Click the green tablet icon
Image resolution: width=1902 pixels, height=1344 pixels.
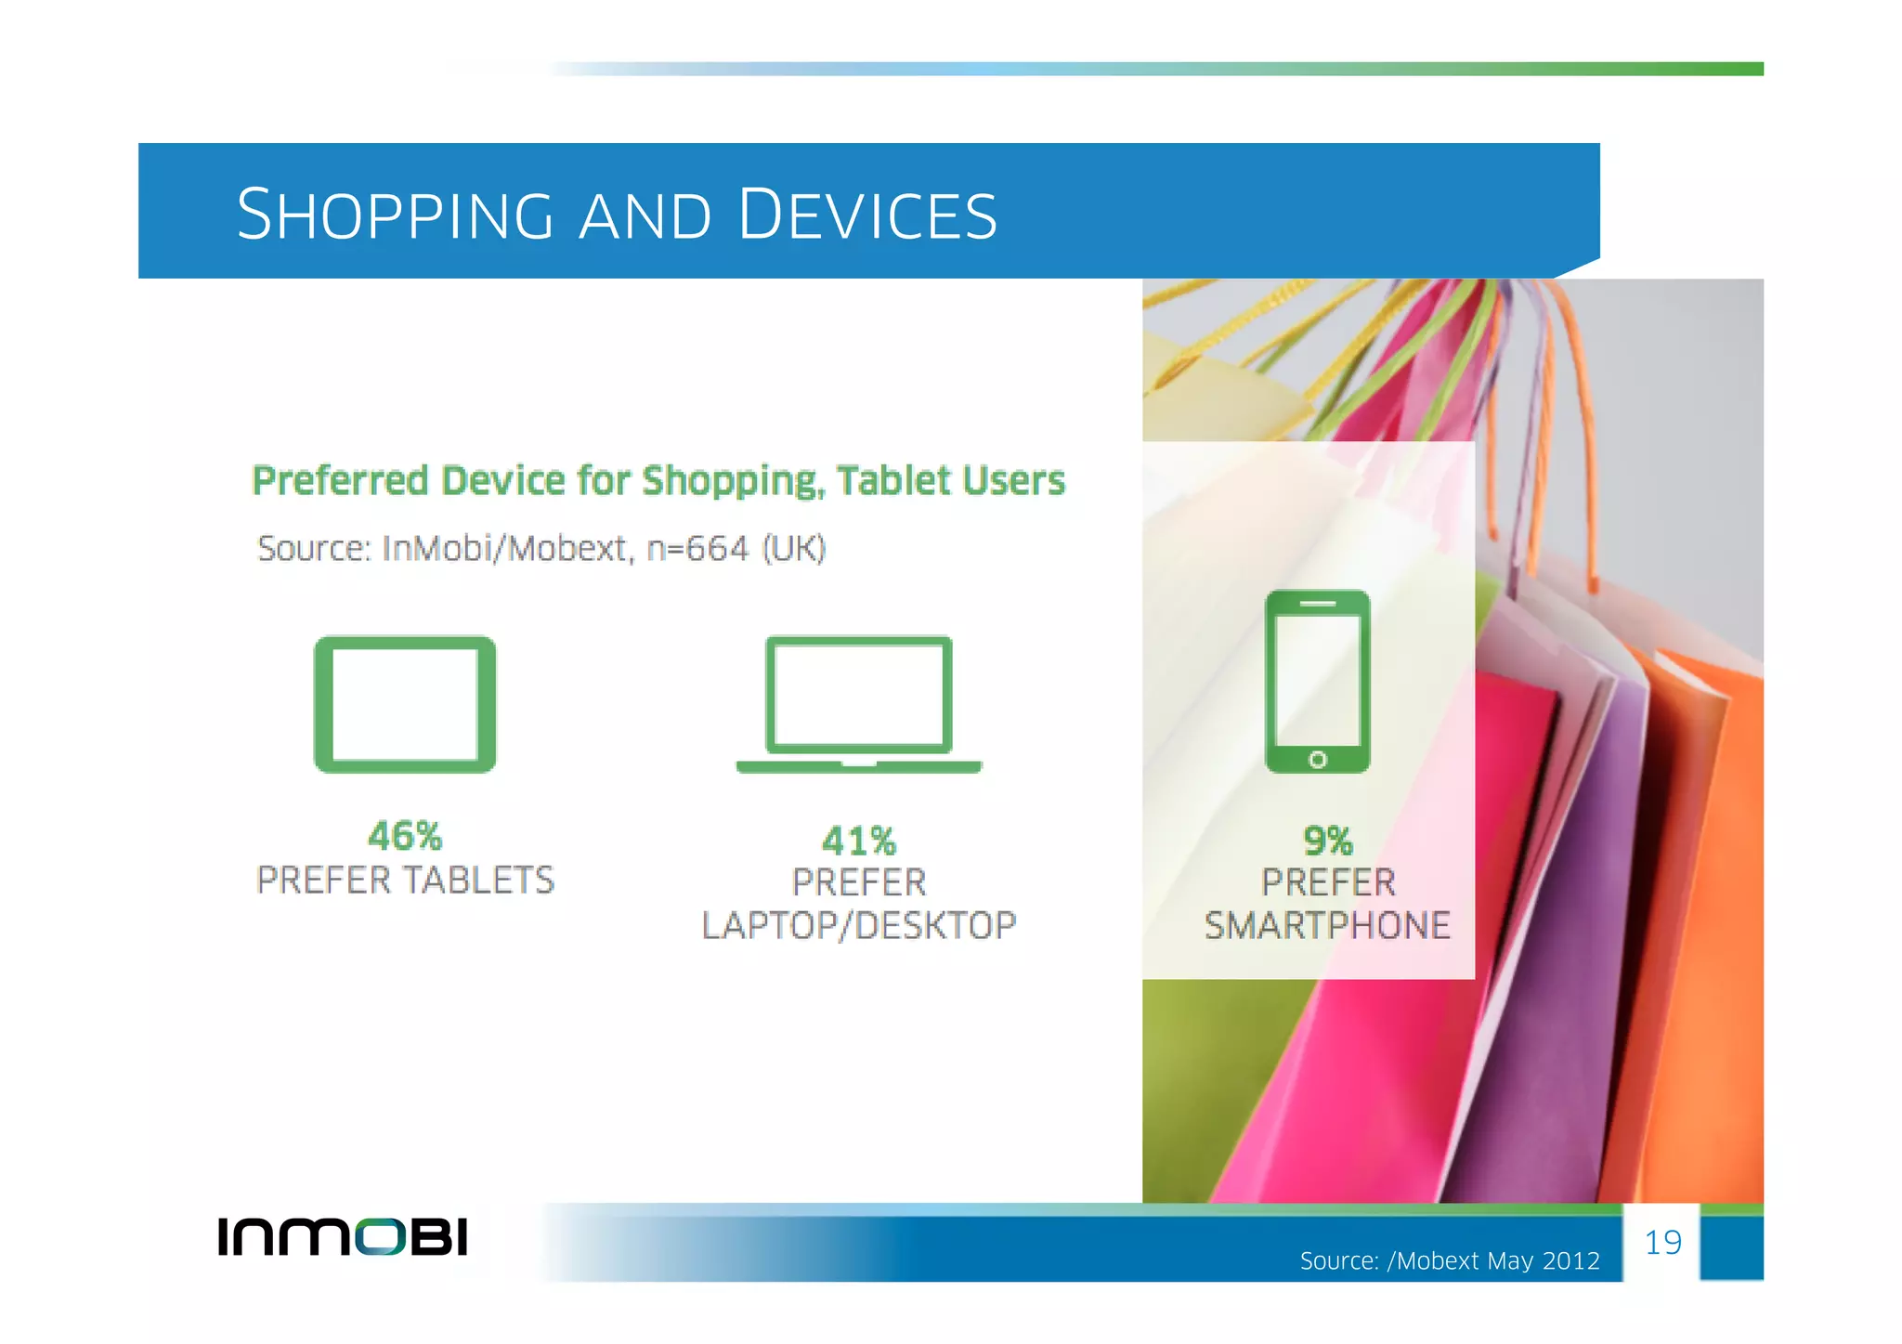click(x=405, y=704)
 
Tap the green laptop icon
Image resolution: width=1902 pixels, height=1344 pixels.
click(x=858, y=704)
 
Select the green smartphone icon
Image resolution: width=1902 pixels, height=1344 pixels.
click(x=1317, y=681)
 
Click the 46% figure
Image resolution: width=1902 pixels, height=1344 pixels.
click(x=405, y=836)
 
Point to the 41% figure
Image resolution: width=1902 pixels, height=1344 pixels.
click(x=859, y=842)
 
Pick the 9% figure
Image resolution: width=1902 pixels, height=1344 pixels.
click(x=1328, y=842)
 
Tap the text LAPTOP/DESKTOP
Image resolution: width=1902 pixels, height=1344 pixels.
click(x=859, y=926)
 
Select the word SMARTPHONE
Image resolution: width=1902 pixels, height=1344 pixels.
click(x=1327, y=926)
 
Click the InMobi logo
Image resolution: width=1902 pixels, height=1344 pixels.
click(x=343, y=1237)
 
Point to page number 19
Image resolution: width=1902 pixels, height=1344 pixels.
click(x=1662, y=1243)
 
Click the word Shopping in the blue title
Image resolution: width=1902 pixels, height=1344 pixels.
click(x=395, y=215)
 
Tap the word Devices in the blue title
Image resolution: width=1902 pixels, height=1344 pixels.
click(x=867, y=215)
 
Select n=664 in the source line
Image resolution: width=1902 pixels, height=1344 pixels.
click(x=697, y=549)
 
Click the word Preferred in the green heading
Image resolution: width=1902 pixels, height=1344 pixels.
click(x=340, y=481)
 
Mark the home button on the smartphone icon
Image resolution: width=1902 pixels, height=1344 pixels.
click(x=1317, y=760)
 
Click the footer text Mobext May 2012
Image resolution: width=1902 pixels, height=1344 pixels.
click(x=1498, y=1261)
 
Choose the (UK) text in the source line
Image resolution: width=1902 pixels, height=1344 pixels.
click(x=794, y=549)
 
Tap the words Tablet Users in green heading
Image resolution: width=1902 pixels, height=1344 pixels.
click(x=950, y=481)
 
